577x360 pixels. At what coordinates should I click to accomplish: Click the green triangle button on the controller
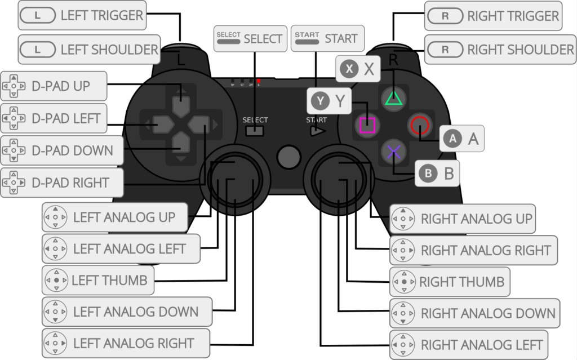coord(394,98)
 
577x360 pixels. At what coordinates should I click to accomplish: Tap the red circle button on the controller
coord(418,125)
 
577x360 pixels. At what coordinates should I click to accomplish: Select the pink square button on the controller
coord(367,125)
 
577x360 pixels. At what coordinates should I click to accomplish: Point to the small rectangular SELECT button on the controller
coord(255,131)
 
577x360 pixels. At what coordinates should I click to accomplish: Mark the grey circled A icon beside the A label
coord(452,139)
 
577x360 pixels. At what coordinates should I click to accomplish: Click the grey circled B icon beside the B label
coord(428,174)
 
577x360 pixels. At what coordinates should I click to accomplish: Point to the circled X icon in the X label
coord(350,69)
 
